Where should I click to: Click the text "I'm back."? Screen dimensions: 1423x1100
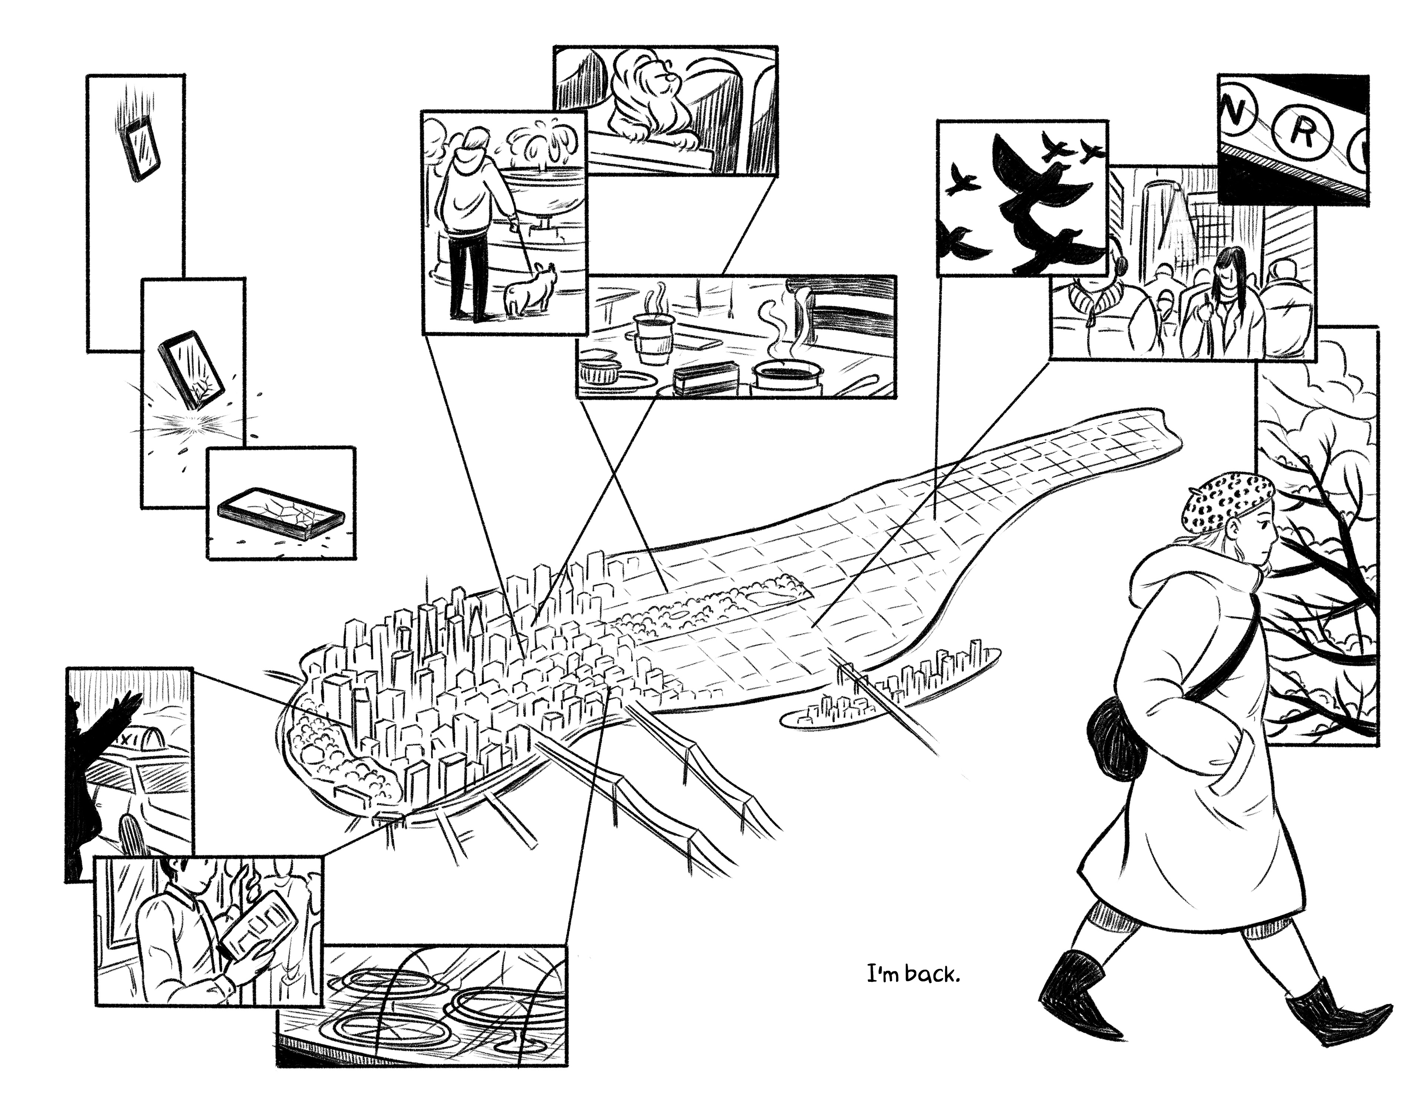click(913, 993)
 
